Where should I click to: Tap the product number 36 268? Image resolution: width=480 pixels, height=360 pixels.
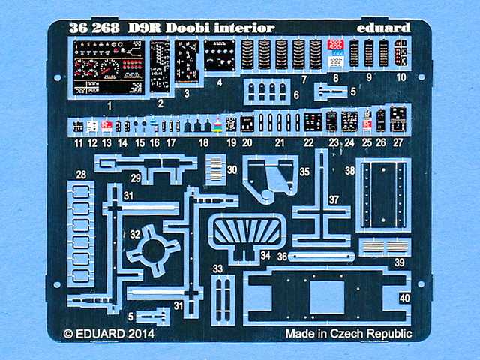pyautogui.click(x=93, y=28)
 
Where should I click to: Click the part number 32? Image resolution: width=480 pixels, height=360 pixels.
pyautogui.click(x=135, y=234)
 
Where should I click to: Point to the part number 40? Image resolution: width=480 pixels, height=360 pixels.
pyautogui.click(x=406, y=297)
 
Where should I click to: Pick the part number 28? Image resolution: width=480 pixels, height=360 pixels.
pyautogui.click(x=81, y=175)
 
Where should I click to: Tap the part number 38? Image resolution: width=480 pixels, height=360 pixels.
pyautogui.click(x=349, y=170)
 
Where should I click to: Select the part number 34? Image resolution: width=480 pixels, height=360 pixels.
pyautogui.click(x=265, y=255)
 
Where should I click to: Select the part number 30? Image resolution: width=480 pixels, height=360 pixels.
pyautogui.click(x=232, y=170)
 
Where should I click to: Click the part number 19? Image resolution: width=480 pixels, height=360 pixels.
pyautogui.click(x=231, y=142)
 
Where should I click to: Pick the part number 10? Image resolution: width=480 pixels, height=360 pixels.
pyautogui.click(x=401, y=77)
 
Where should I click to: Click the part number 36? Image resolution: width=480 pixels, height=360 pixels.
pyautogui.click(x=283, y=255)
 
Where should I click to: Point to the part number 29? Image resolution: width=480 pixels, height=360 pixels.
pyautogui.click(x=136, y=178)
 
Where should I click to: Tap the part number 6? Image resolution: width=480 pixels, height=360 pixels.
pyautogui.click(x=295, y=95)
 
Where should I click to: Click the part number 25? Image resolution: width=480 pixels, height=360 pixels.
pyautogui.click(x=367, y=142)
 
